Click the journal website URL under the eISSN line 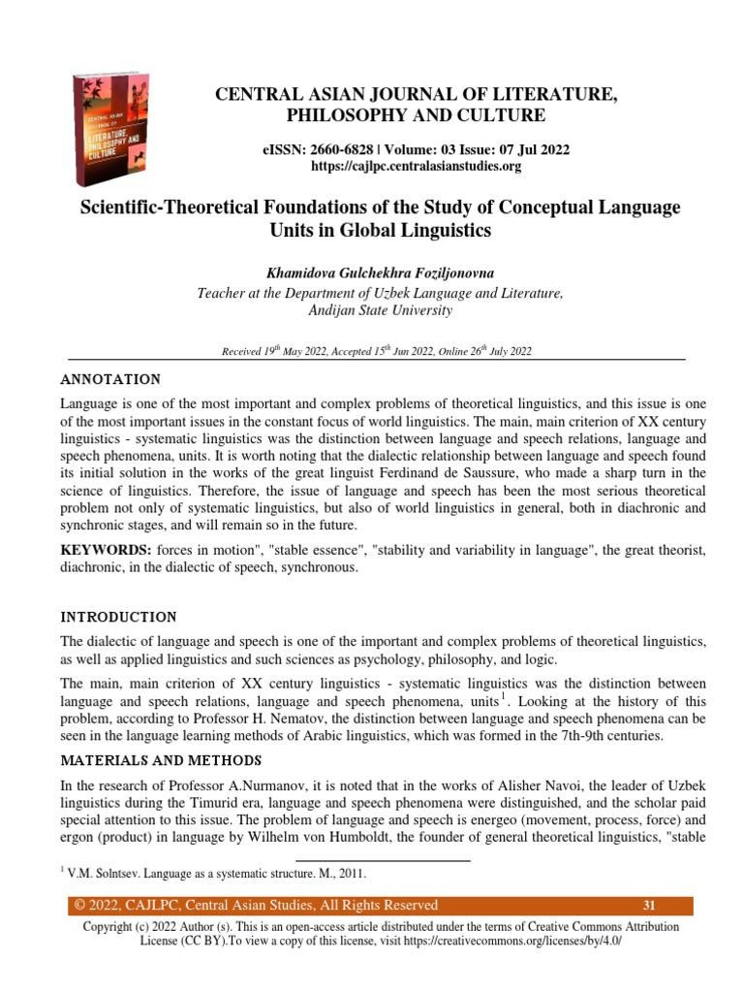(416, 167)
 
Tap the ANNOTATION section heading (110, 378)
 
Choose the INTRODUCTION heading (118, 617)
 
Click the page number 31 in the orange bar (649, 906)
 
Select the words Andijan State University (379, 311)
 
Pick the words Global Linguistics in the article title (417, 232)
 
